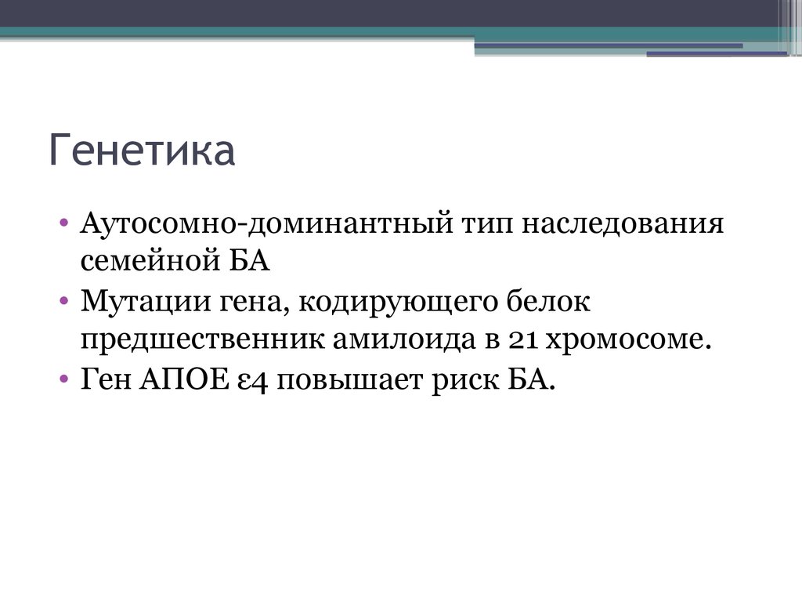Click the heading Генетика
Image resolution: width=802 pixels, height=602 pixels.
(x=143, y=151)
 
